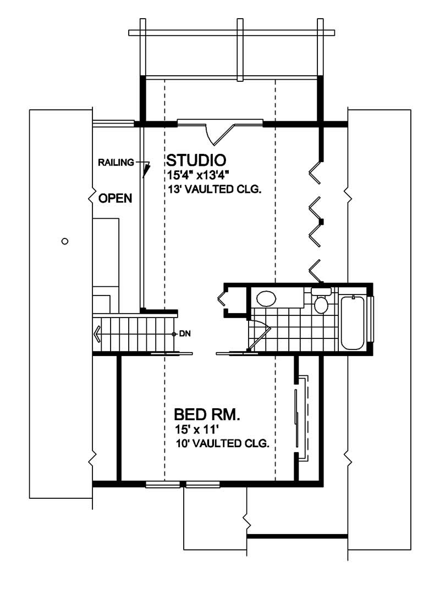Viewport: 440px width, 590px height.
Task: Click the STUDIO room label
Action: (x=196, y=160)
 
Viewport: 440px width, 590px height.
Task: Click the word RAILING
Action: (x=116, y=162)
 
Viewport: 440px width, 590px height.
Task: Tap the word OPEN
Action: (x=115, y=198)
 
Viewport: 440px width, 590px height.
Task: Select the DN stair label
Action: (x=184, y=333)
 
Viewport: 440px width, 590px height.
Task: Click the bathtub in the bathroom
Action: (x=352, y=322)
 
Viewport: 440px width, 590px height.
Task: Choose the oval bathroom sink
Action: (x=267, y=298)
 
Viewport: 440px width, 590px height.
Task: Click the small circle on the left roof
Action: (x=65, y=241)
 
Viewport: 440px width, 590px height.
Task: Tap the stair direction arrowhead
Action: (x=97, y=333)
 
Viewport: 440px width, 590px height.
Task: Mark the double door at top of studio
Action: (x=220, y=127)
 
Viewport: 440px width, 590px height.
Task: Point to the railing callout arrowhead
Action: (x=146, y=172)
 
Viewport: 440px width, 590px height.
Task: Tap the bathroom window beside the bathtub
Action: (x=371, y=319)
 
